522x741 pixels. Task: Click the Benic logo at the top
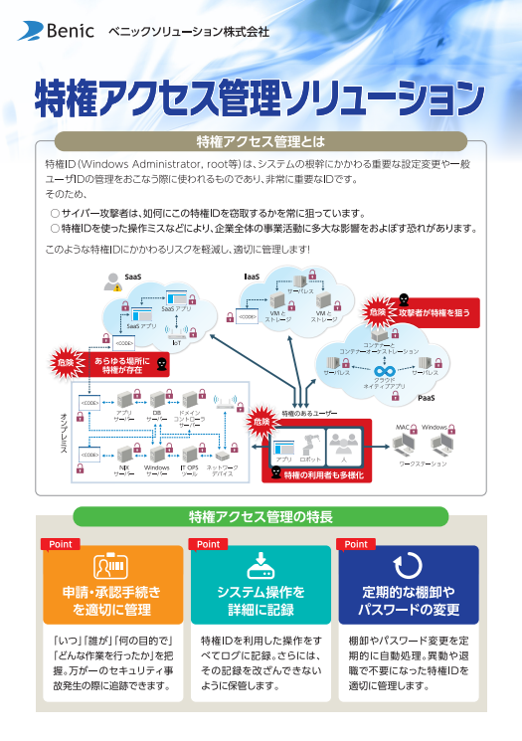click(56, 32)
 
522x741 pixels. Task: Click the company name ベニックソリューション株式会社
click(188, 32)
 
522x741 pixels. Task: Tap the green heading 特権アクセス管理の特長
click(261, 516)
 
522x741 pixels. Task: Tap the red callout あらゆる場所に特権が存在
click(126, 363)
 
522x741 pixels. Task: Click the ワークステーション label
click(422, 463)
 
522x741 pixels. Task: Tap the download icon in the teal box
click(260, 564)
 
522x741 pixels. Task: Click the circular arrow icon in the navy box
click(409, 565)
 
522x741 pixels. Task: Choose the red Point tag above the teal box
click(208, 544)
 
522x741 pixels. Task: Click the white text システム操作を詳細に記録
click(260, 600)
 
